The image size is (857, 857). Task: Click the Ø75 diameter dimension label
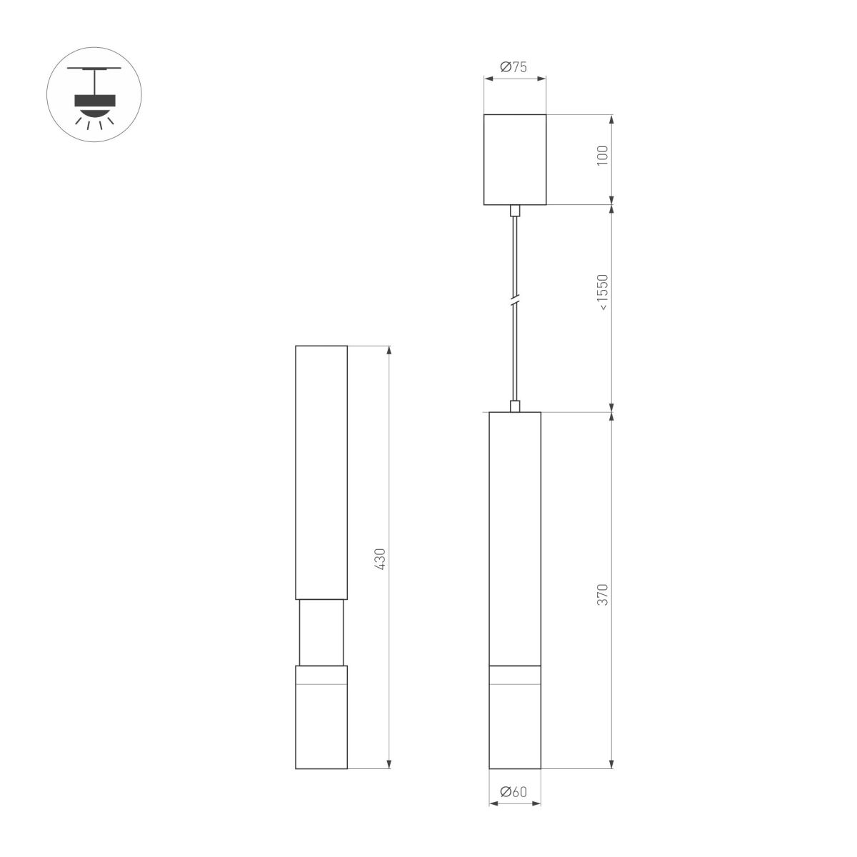(x=514, y=67)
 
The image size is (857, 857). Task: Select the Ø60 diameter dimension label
(x=514, y=791)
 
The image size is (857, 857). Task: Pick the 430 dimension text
(x=380, y=558)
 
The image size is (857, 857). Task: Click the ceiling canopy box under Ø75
(x=515, y=159)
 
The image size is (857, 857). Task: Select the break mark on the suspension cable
(x=514, y=301)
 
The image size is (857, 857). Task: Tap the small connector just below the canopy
(x=514, y=211)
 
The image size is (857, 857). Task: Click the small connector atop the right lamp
(x=514, y=406)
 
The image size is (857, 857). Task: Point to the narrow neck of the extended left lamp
(x=321, y=632)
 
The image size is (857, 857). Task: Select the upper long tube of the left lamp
(x=321, y=471)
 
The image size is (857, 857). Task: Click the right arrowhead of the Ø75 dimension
(x=542, y=79)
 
